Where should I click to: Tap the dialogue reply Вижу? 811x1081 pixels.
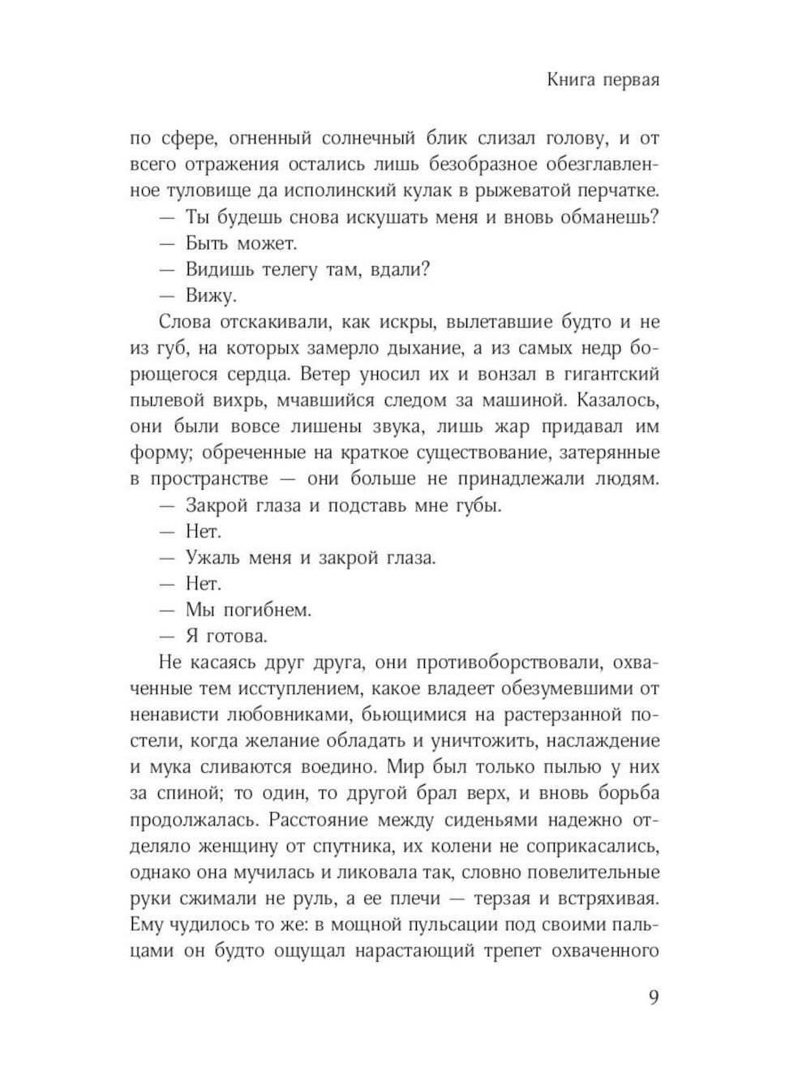click(x=211, y=296)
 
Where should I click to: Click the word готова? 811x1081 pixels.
click(x=237, y=636)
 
